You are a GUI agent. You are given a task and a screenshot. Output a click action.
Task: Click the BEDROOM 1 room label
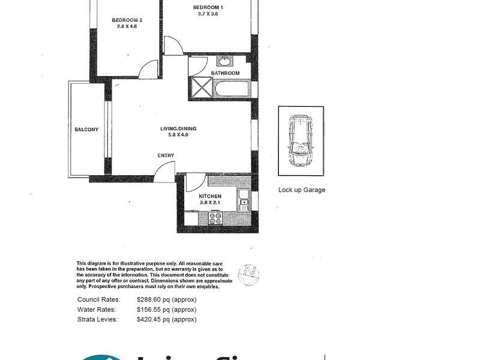tap(205, 7)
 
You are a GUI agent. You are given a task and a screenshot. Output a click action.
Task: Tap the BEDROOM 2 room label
tap(127, 20)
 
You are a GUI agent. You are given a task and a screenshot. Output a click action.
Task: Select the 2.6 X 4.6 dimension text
tap(127, 26)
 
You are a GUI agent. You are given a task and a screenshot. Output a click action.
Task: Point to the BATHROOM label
tap(225, 73)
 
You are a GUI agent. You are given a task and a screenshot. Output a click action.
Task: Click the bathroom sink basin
tap(225, 61)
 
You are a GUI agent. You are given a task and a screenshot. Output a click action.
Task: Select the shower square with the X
tap(200, 89)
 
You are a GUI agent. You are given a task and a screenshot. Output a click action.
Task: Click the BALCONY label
tap(86, 130)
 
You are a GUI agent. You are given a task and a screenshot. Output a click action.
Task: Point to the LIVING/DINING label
tap(178, 128)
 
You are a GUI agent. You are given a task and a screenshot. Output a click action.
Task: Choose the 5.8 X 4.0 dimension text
tap(178, 135)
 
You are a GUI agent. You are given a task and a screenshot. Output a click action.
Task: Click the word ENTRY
tap(166, 156)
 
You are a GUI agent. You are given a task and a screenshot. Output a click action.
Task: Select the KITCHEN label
tap(210, 196)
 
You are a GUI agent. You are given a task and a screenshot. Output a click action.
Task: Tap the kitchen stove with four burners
tap(215, 220)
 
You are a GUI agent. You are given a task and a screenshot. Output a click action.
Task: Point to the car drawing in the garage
tap(300, 141)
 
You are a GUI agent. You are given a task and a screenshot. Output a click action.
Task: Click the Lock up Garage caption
tap(301, 190)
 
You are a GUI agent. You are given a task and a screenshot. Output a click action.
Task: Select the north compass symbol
tap(249, 275)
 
